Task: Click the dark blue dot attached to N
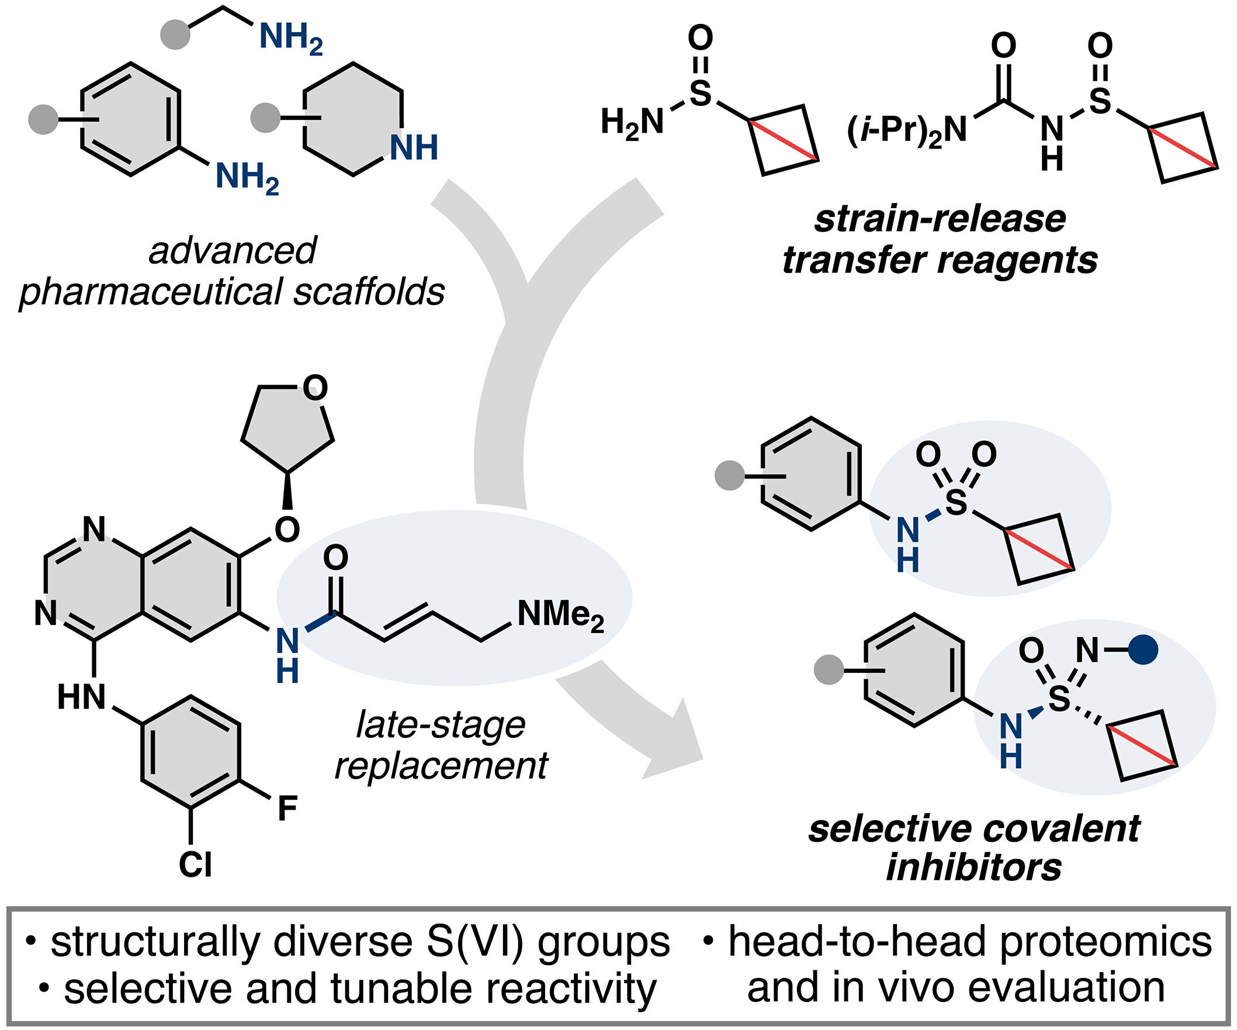(1145, 650)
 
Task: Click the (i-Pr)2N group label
(906, 130)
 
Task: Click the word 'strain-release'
(940, 219)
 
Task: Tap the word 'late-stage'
(441, 724)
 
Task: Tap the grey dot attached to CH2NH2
(175, 34)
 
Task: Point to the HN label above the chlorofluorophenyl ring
(82, 698)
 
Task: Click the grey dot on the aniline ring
(44, 119)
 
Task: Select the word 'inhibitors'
(973, 867)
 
